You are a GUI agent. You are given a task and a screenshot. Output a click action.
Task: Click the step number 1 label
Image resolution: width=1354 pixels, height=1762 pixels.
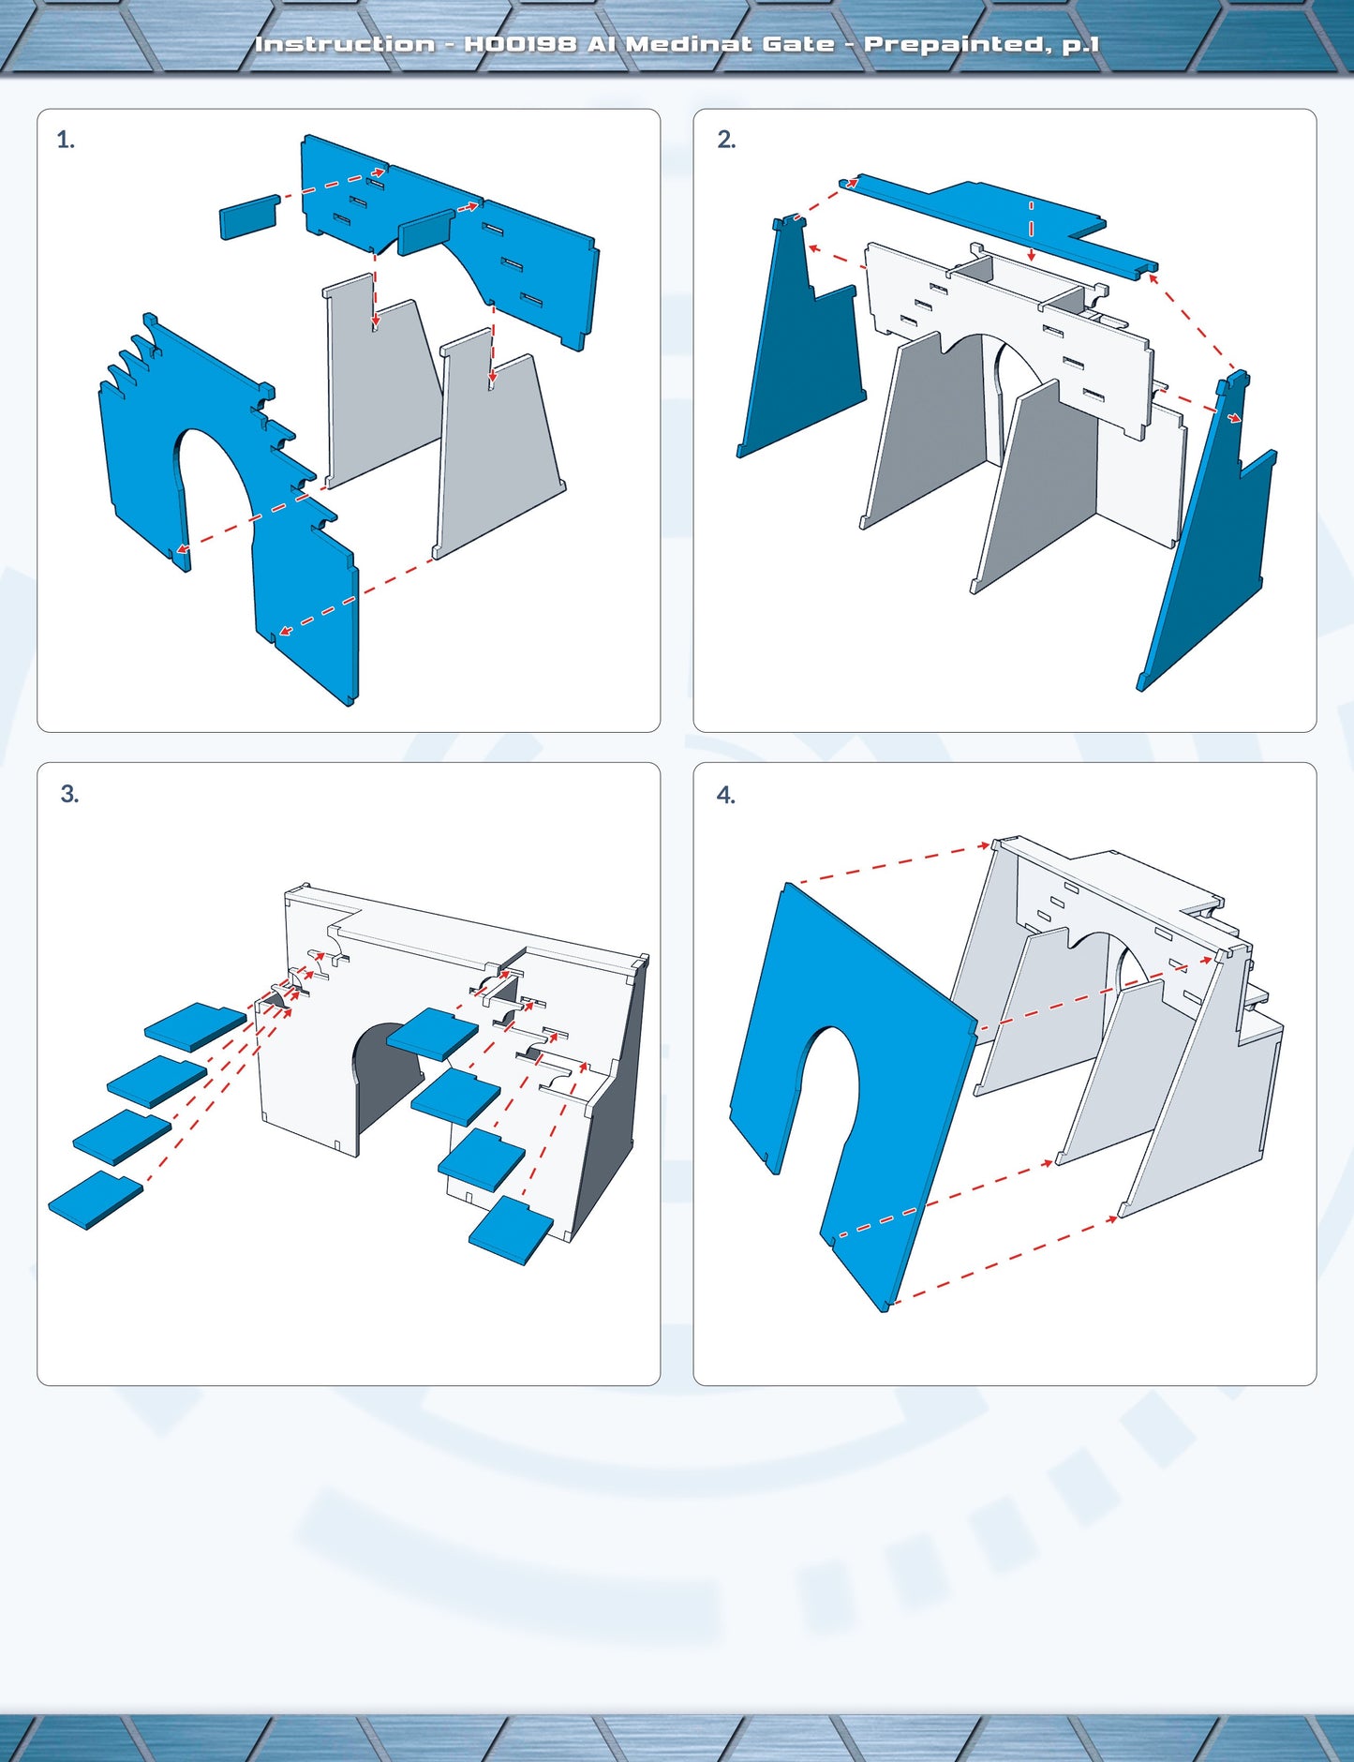[x=66, y=141]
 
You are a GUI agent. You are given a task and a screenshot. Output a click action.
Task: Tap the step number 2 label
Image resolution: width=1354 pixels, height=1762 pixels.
[x=726, y=140]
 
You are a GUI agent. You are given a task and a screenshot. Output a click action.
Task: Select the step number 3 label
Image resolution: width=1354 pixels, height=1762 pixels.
[x=69, y=794]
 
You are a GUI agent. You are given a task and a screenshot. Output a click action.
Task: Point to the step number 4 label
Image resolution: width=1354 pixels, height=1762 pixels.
[x=726, y=795]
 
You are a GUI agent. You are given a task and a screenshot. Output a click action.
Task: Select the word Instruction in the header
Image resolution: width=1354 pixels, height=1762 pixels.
[x=345, y=44]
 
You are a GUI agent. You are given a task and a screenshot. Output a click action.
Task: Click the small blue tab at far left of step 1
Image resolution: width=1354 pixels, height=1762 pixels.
[x=249, y=217]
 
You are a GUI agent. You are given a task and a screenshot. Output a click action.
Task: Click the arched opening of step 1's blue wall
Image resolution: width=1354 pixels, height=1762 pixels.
[x=214, y=487]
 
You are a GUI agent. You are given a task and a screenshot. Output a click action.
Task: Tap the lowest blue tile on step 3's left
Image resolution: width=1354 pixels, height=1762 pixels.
[x=96, y=1199]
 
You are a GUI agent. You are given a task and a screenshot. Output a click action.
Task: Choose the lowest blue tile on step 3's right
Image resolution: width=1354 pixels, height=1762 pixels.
[x=512, y=1230]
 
